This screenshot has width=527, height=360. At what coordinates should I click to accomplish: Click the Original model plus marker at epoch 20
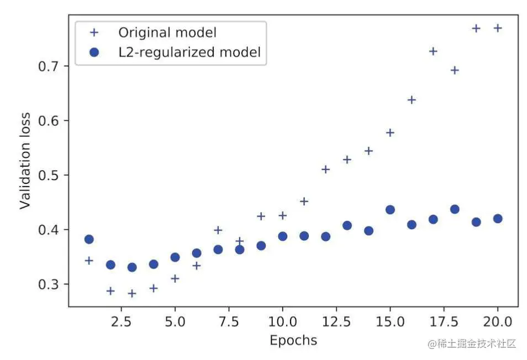click(x=497, y=28)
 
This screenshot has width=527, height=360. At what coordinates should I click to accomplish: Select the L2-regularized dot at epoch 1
click(x=89, y=239)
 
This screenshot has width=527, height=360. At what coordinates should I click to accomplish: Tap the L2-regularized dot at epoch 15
click(x=390, y=210)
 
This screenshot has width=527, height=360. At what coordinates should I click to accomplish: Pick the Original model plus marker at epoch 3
click(x=132, y=293)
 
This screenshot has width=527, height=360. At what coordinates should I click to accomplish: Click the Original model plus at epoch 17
click(x=433, y=51)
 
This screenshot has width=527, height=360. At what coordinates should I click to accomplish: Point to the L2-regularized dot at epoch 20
click(x=497, y=219)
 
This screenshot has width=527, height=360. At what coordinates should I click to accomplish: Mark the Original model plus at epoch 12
click(x=325, y=169)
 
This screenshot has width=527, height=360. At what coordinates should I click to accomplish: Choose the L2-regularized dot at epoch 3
click(x=132, y=267)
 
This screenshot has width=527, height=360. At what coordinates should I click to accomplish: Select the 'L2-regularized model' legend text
click(x=189, y=52)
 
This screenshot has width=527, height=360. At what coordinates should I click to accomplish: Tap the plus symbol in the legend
click(x=94, y=32)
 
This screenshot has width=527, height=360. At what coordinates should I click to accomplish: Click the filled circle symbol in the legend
click(x=94, y=52)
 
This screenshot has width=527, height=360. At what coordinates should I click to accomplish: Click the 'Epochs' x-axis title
click(x=293, y=340)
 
